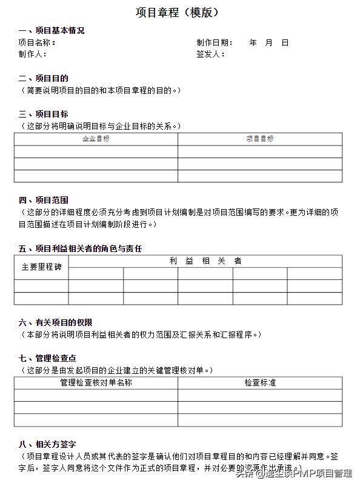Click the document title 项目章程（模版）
point(176,12)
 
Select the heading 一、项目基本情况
point(52,30)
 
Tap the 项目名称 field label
point(37,42)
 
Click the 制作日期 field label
point(215,42)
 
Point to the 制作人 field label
point(32,54)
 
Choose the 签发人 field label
point(210,54)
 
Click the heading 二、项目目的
point(44,78)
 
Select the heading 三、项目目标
point(44,114)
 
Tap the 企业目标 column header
point(96,139)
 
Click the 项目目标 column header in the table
point(260,139)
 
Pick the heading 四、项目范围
point(44,200)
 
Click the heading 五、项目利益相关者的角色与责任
point(80,248)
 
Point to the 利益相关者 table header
point(205,261)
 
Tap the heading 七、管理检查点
point(48,358)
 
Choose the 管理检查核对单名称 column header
point(96,383)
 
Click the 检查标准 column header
point(260,383)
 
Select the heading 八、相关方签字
point(48,444)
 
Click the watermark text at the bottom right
point(304,473)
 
